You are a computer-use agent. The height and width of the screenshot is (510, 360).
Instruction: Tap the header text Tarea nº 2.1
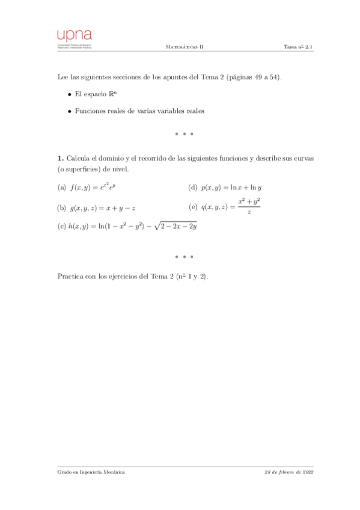click(299, 46)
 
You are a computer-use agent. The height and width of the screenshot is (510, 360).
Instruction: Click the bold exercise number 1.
click(59, 158)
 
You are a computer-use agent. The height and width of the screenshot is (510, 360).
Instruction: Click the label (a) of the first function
click(61, 188)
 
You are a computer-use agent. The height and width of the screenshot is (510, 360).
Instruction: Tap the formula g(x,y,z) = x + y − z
click(103, 208)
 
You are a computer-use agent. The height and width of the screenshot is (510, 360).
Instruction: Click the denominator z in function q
click(249, 212)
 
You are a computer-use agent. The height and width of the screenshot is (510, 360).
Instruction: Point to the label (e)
click(193, 207)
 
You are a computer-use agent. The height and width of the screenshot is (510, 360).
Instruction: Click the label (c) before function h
click(61, 227)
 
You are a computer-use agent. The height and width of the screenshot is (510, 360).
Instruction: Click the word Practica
click(70, 277)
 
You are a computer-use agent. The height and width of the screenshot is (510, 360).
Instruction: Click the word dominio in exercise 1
click(110, 158)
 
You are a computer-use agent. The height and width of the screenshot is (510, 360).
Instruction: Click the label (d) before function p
click(193, 188)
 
